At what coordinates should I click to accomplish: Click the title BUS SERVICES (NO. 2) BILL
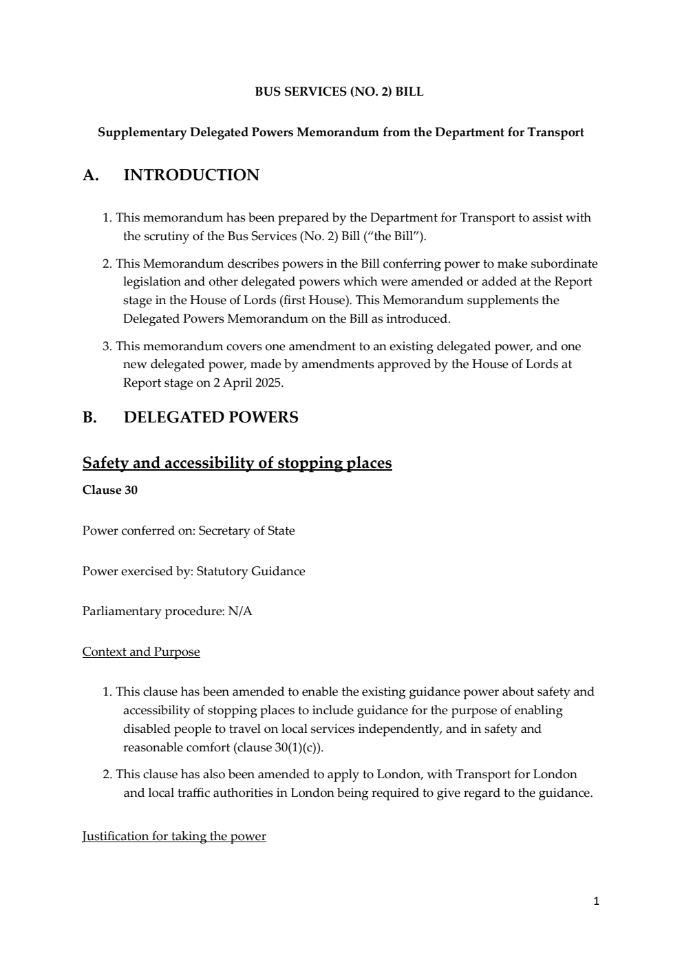pyautogui.click(x=339, y=92)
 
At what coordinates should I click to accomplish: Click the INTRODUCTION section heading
pyautogui.click(x=191, y=175)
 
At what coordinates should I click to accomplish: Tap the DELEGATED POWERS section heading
pyautogui.click(x=211, y=418)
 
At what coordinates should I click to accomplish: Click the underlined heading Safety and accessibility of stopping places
pyautogui.click(x=237, y=463)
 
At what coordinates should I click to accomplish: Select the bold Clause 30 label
pyautogui.click(x=109, y=491)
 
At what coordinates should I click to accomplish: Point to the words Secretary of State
pyautogui.click(x=246, y=531)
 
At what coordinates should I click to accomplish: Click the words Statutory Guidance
pyautogui.click(x=251, y=571)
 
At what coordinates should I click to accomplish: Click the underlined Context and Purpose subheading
pyautogui.click(x=141, y=652)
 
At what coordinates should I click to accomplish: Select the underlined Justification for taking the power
pyautogui.click(x=174, y=836)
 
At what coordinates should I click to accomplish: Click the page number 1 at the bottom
pyautogui.click(x=596, y=901)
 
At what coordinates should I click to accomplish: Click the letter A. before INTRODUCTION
pyautogui.click(x=90, y=175)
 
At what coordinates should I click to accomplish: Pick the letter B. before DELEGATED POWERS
pyautogui.click(x=89, y=418)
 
